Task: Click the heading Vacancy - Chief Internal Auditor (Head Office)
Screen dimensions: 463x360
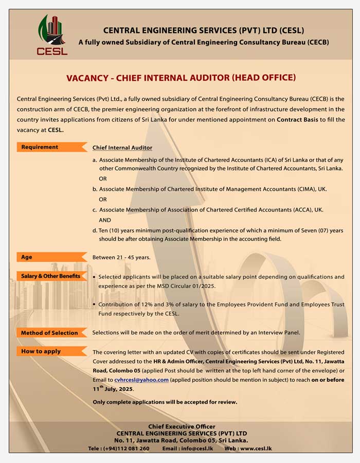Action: pyautogui.click(x=181, y=78)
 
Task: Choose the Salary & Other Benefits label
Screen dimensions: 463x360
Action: pyautogui.click(x=50, y=276)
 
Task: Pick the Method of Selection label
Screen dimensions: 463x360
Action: pyautogui.click(x=49, y=333)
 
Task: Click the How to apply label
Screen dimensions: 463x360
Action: pyautogui.click(x=41, y=351)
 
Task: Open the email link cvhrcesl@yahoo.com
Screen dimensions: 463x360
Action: pyautogui.click(x=141, y=380)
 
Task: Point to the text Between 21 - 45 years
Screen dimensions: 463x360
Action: pyautogui.click(x=121, y=257)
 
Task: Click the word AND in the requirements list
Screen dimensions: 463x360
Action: pyautogui.click(x=105, y=219)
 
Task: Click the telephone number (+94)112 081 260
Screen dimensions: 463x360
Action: pyautogui.click(x=126, y=449)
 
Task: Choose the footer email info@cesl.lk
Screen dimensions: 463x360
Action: pyautogui.click(x=196, y=449)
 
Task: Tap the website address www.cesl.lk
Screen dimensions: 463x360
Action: pyautogui.click(x=255, y=449)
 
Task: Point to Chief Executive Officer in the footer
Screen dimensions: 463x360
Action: pyautogui.click(x=182, y=426)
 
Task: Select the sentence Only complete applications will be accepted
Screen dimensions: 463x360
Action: pyautogui.click(x=165, y=402)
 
